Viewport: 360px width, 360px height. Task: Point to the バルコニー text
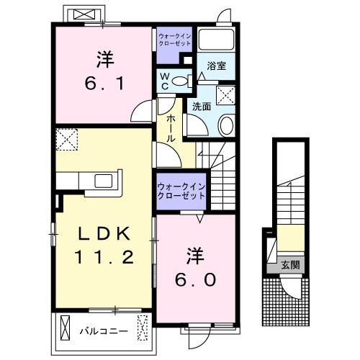104,332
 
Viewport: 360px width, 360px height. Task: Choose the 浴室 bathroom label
217,66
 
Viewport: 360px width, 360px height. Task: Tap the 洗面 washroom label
201,106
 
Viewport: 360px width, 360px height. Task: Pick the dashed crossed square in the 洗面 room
225,95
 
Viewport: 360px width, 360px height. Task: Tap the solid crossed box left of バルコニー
66,331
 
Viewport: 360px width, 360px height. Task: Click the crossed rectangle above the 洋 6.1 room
85,14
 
